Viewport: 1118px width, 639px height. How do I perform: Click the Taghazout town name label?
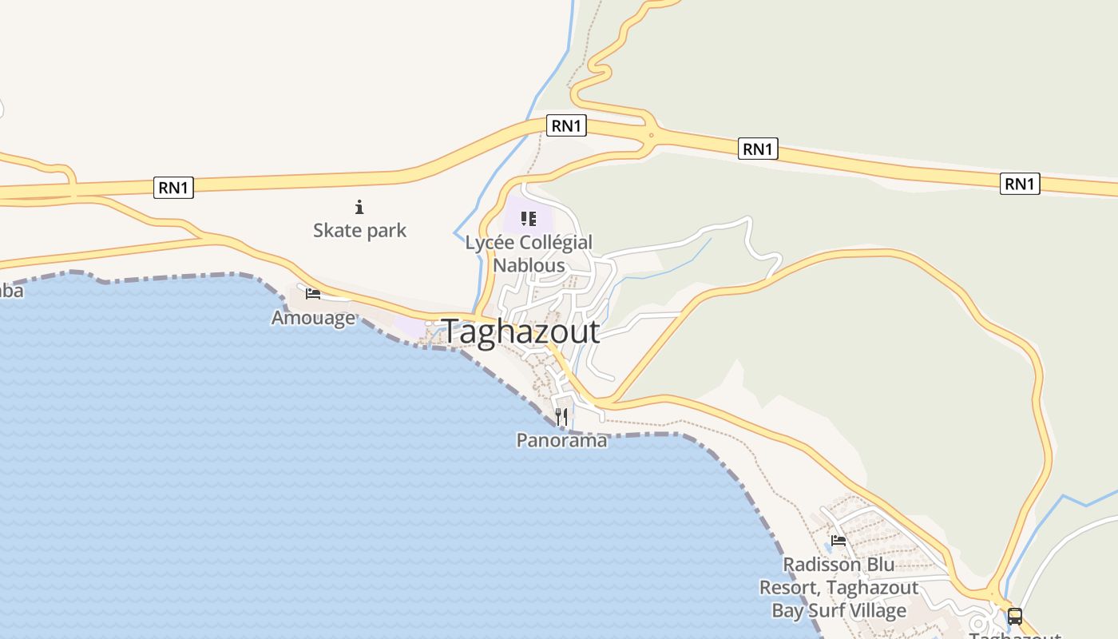pyautogui.click(x=521, y=331)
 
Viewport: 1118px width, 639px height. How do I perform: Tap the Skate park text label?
pyautogui.click(x=359, y=231)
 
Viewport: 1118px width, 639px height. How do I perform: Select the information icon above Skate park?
pyautogui.click(x=359, y=208)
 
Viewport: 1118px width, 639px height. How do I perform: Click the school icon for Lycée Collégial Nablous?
pyautogui.click(x=528, y=218)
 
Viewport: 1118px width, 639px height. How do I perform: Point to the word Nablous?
pyautogui.click(x=529, y=265)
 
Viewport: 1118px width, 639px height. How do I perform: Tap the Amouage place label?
pyautogui.click(x=313, y=318)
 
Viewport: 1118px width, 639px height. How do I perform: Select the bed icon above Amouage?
pyautogui.click(x=313, y=294)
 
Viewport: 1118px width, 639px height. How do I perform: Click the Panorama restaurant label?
pyautogui.click(x=561, y=440)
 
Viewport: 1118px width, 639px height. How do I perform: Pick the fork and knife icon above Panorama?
pyautogui.click(x=561, y=417)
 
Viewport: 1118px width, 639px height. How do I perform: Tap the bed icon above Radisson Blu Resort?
pyautogui.click(x=838, y=541)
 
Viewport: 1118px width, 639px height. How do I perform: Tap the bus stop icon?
pyautogui.click(x=1014, y=617)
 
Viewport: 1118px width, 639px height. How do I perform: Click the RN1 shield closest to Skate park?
pyautogui.click(x=174, y=188)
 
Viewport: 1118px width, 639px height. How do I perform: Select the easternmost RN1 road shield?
pyautogui.click(x=1020, y=184)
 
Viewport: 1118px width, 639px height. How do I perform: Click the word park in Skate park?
pyautogui.click(x=385, y=231)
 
